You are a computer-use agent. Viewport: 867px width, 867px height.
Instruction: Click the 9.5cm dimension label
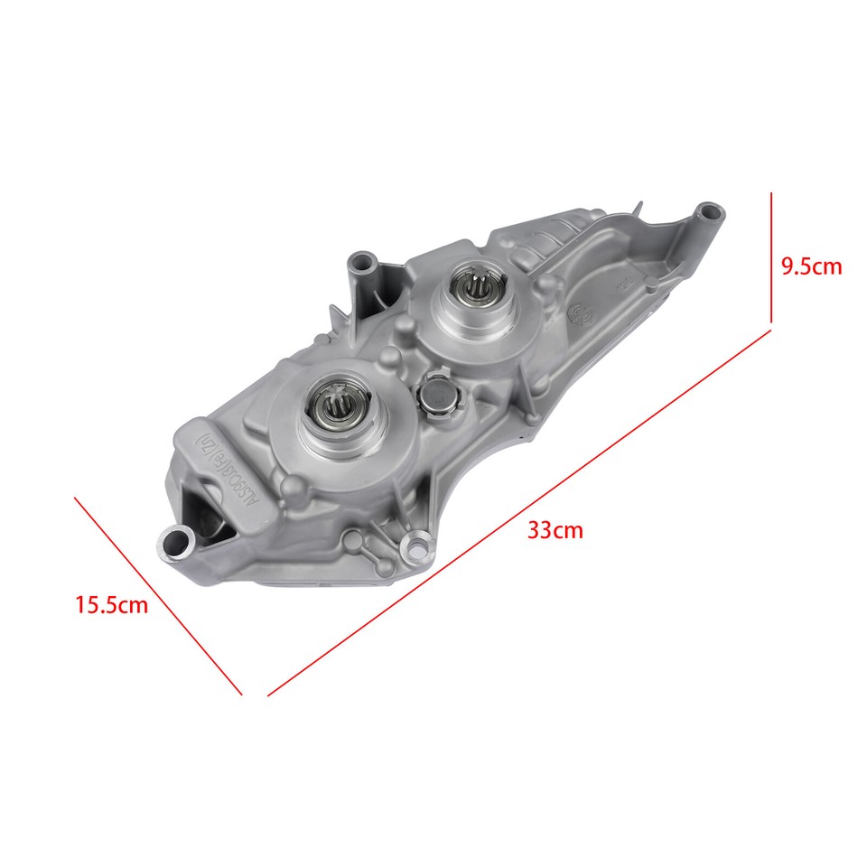click(x=811, y=266)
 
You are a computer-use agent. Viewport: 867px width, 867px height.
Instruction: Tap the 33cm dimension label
click(x=555, y=530)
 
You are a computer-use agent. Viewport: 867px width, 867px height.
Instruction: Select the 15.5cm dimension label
click(x=111, y=605)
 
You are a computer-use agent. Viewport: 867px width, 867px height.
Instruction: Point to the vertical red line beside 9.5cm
click(x=771, y=256)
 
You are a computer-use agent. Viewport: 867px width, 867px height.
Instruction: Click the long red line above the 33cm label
click(x=519, y=513)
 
